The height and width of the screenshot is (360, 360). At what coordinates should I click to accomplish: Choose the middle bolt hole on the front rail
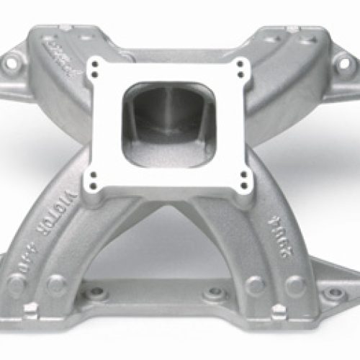click(x=215, y=293)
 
